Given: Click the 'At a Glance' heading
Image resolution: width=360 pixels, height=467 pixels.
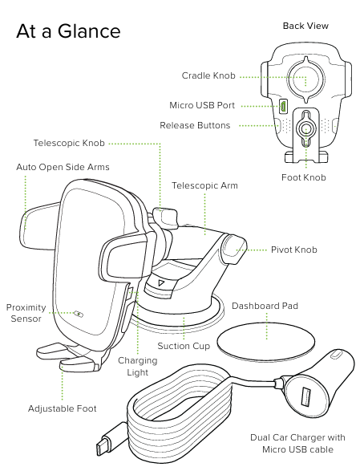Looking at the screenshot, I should [x=68, y=31].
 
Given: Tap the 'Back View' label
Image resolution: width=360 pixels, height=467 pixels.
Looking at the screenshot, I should [x=305, y=26].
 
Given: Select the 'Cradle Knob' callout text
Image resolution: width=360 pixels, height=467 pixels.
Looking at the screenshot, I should [x=208, y=76].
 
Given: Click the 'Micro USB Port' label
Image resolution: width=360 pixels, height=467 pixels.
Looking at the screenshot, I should [x=202, y=105].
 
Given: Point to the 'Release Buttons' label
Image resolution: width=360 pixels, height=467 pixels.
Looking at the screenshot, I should [x=195, y=125].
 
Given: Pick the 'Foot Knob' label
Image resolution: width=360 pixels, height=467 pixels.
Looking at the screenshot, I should [x=304, y=177].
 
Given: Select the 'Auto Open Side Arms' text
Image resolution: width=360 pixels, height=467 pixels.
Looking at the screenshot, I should [x=63, y=167].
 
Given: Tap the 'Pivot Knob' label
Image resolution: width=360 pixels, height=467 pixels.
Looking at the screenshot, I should [x=293, y=250].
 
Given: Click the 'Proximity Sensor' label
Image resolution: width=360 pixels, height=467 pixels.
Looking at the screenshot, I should [x=26, y=313].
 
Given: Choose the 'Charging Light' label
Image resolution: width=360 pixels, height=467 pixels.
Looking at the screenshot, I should [x=138, y=367].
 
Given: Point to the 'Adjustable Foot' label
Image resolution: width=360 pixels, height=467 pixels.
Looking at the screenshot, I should [x=62, y=408].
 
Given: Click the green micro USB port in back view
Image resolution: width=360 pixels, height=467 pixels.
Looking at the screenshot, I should [x=283, y=105].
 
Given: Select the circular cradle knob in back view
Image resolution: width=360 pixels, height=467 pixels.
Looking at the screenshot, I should [x=305, y=79].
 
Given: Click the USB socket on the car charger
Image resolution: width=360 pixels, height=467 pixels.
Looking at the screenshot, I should [x=305, y=396].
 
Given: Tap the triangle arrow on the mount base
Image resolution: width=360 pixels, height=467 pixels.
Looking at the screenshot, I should [x=161, y=282].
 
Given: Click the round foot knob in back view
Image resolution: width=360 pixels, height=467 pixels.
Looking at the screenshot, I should [x=305, y=127].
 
